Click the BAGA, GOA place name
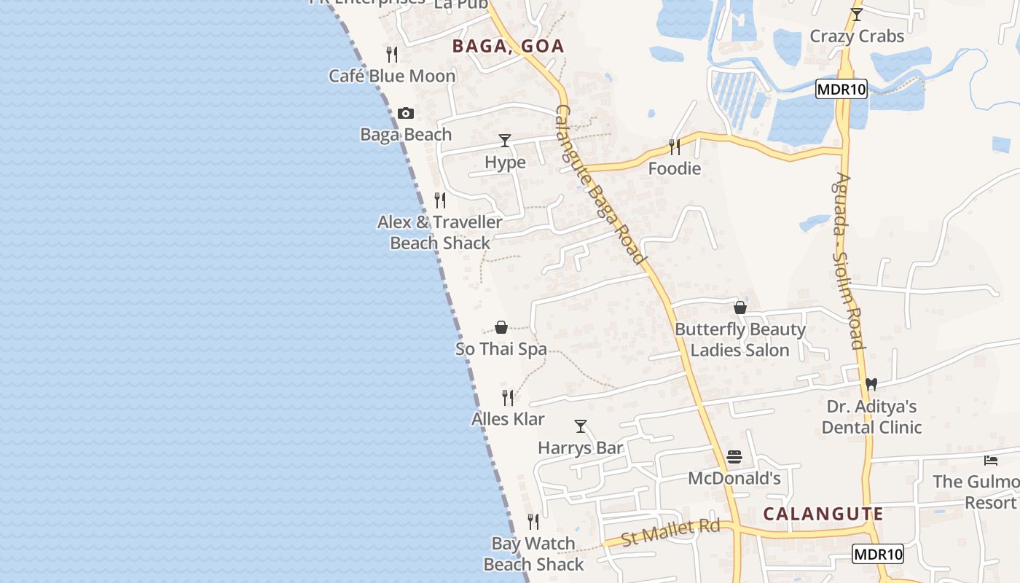point(508,46)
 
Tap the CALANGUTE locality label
point(823,514)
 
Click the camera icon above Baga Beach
point(406,113)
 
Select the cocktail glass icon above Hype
point(505,140)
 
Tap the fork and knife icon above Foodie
point(675,147)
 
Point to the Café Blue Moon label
point(392,76)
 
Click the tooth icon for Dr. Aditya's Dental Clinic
point(871,384)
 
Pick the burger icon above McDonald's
point(734,458)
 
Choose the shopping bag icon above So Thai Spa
point(501,327)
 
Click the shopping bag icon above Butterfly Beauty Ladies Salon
point(740,308)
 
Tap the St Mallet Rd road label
point(670,532)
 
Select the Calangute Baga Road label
point(601,184)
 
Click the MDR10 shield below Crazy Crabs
point(841,90)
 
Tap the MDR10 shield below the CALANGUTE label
point(878,554)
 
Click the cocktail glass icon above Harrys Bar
point(581,426)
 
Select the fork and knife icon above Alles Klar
point(508,397)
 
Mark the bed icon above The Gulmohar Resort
point(990,460)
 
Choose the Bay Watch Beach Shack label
point(533,554)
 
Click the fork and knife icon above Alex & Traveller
point(440,200)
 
